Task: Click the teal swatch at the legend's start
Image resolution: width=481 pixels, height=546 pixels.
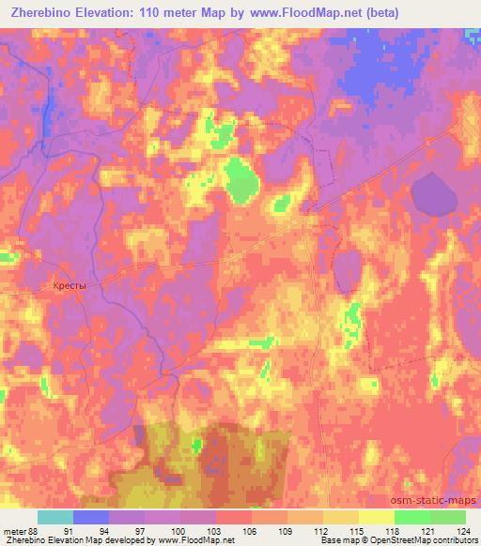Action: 55,517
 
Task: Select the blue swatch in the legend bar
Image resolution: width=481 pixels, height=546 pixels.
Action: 91,517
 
